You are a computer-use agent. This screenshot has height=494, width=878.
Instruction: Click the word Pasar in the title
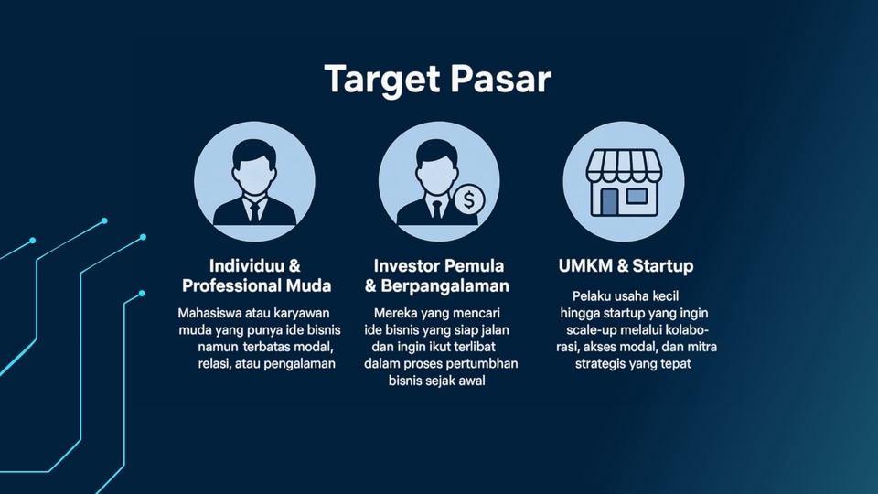click(x=501, y=79)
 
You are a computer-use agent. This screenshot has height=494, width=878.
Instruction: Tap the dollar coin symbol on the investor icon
click(x=469, y=199)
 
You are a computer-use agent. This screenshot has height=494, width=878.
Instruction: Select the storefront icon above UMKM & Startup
click(x=624, y=183)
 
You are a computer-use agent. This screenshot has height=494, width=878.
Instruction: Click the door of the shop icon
click(x=609, y=201)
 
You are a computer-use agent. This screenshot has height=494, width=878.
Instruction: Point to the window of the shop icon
click(x=637, y=196)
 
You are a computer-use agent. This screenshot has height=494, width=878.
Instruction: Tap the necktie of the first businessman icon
click(x=255, y=212)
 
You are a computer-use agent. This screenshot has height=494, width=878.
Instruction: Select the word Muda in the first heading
click(x=308, y=285)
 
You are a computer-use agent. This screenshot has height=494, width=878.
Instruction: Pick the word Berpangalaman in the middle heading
click(x=445, y=286)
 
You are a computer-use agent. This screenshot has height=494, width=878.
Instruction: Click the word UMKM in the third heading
click(x=585, y=265)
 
